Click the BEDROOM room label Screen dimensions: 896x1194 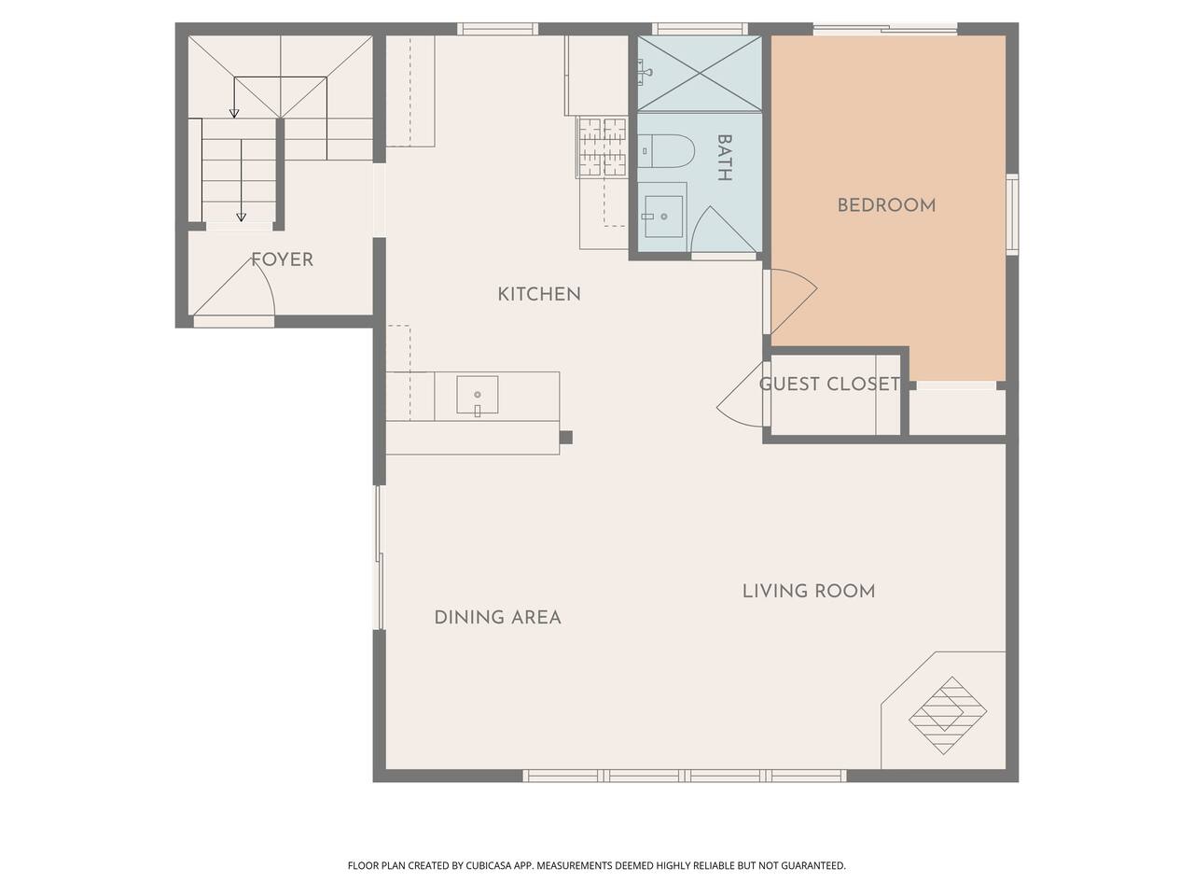(x=885, y=205)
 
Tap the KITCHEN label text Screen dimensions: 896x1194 (x=539, y=294)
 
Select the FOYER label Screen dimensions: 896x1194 (x=282, y=259)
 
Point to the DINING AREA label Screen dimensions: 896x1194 (x=497, y=617)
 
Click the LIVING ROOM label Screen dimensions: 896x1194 (x=809, y=591)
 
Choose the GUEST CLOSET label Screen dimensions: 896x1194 (x=829, y=384)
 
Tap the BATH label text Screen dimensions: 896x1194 (x=724, y=158)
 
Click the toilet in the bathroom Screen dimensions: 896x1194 (x=667, y=152)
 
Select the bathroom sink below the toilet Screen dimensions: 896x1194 (x=663, y=217)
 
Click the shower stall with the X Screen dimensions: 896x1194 (x=700, y=73)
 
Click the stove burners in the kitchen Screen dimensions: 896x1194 (x=603, y=147)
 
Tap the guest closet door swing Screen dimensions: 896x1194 (x=742, y=397)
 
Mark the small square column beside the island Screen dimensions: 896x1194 (x=565, y=437)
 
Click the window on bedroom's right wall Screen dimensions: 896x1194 (x=1012, y=213)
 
